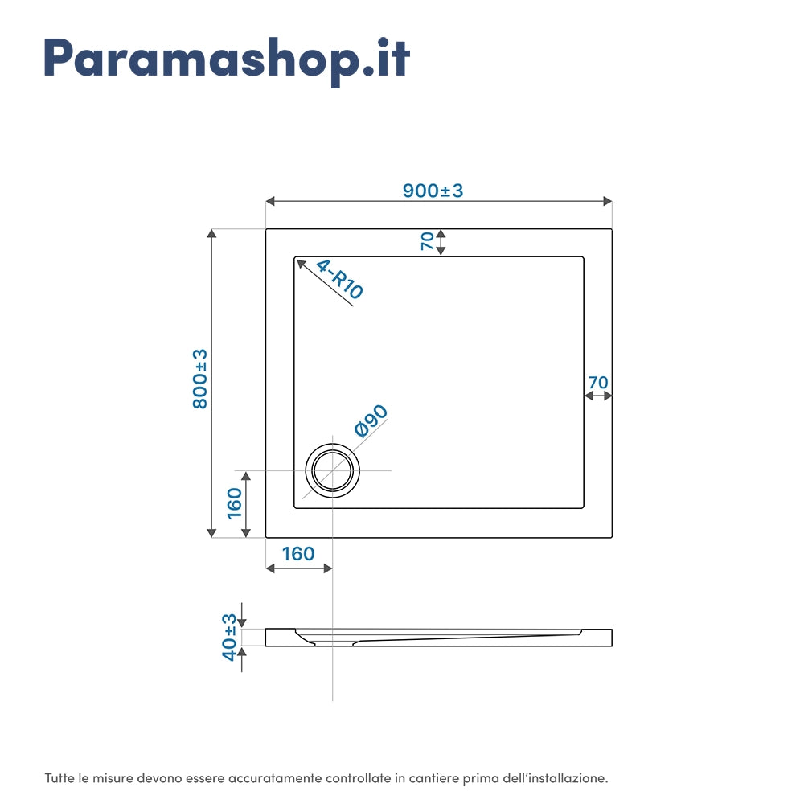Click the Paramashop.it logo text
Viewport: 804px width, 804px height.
[227, 58]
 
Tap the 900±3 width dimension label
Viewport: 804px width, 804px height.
[433, 191]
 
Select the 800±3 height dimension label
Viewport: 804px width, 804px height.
[199, 378]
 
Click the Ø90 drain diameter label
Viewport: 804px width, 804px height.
[371, 420]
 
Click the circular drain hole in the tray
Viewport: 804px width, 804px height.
[332, 470]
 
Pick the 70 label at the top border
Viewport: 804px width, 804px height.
[427, 240]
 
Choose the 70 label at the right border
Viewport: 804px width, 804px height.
[597, 382]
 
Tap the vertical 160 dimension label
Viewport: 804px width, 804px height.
[234, 503]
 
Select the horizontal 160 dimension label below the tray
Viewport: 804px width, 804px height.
[298, 553]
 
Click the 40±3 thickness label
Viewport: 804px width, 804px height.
[230, 638]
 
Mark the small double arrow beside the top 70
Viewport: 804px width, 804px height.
[441, 241]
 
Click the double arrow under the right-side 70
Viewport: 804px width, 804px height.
[598, 396]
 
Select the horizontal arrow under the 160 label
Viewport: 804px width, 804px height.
[298, 568]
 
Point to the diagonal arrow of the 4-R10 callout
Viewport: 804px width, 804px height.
[325, 282]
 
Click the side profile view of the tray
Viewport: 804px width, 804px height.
[439, 638]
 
